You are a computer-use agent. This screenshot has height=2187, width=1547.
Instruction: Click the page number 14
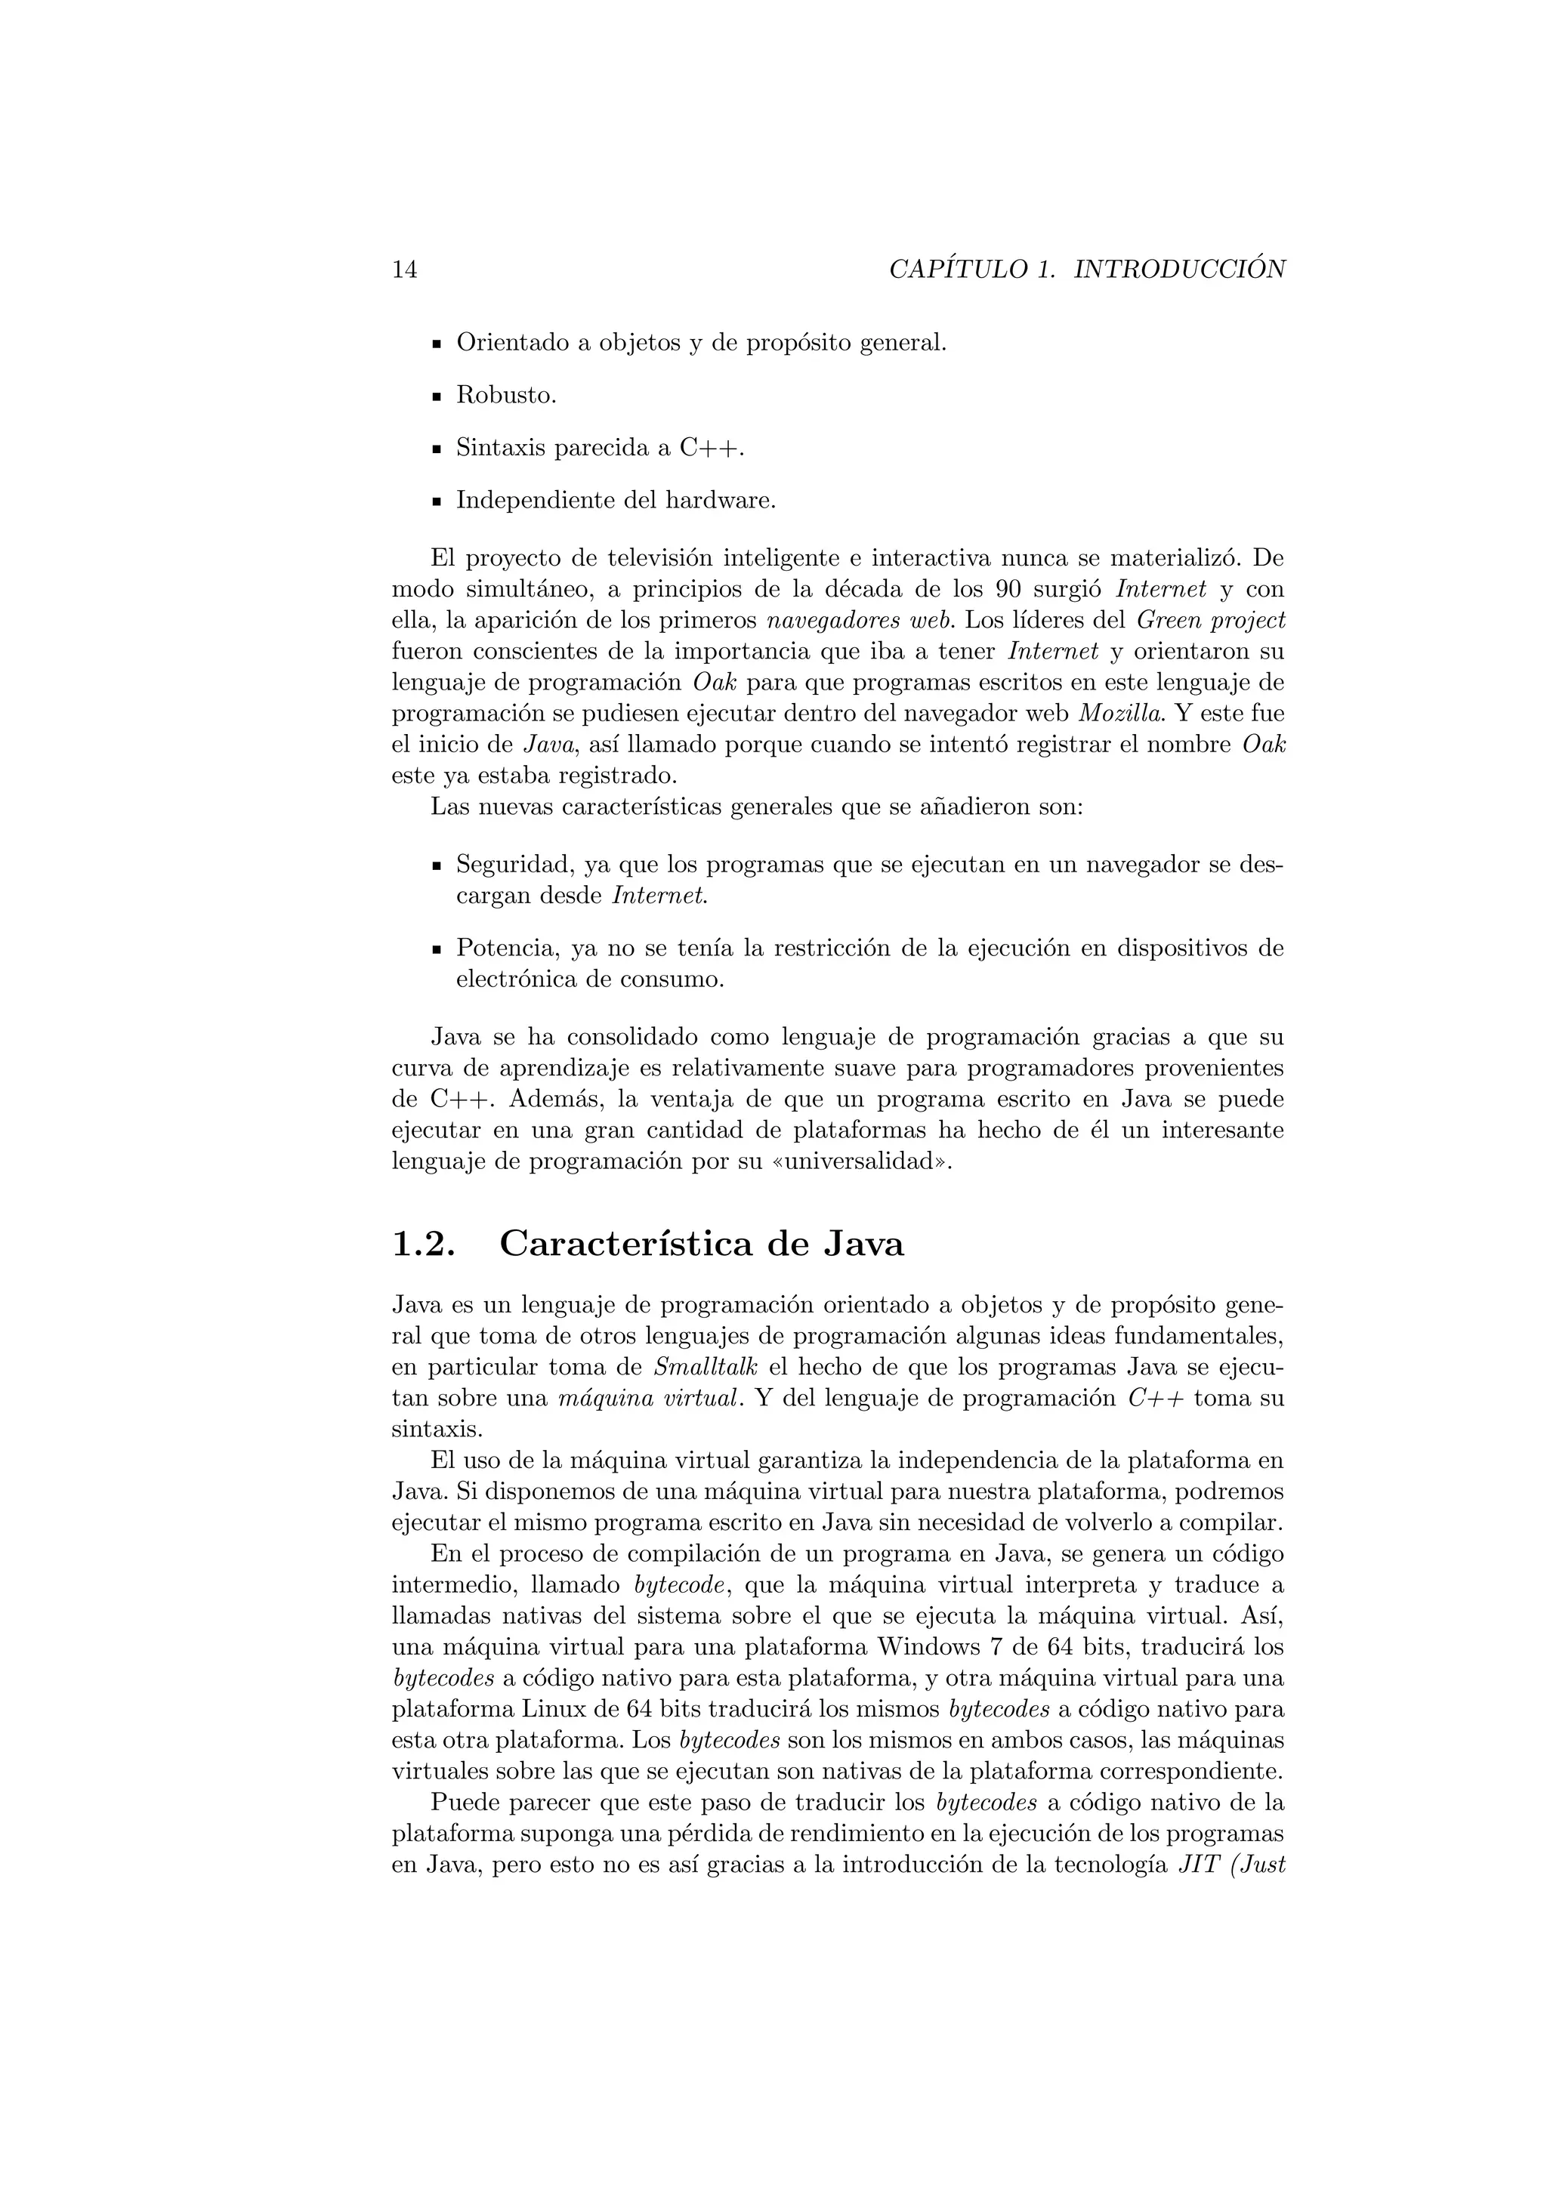[404, 270]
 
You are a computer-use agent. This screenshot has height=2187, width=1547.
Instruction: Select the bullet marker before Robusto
[437, 396]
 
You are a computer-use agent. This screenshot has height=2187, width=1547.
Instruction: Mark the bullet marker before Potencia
[437, 950]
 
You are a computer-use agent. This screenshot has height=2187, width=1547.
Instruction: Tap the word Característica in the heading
[630, 1245]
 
